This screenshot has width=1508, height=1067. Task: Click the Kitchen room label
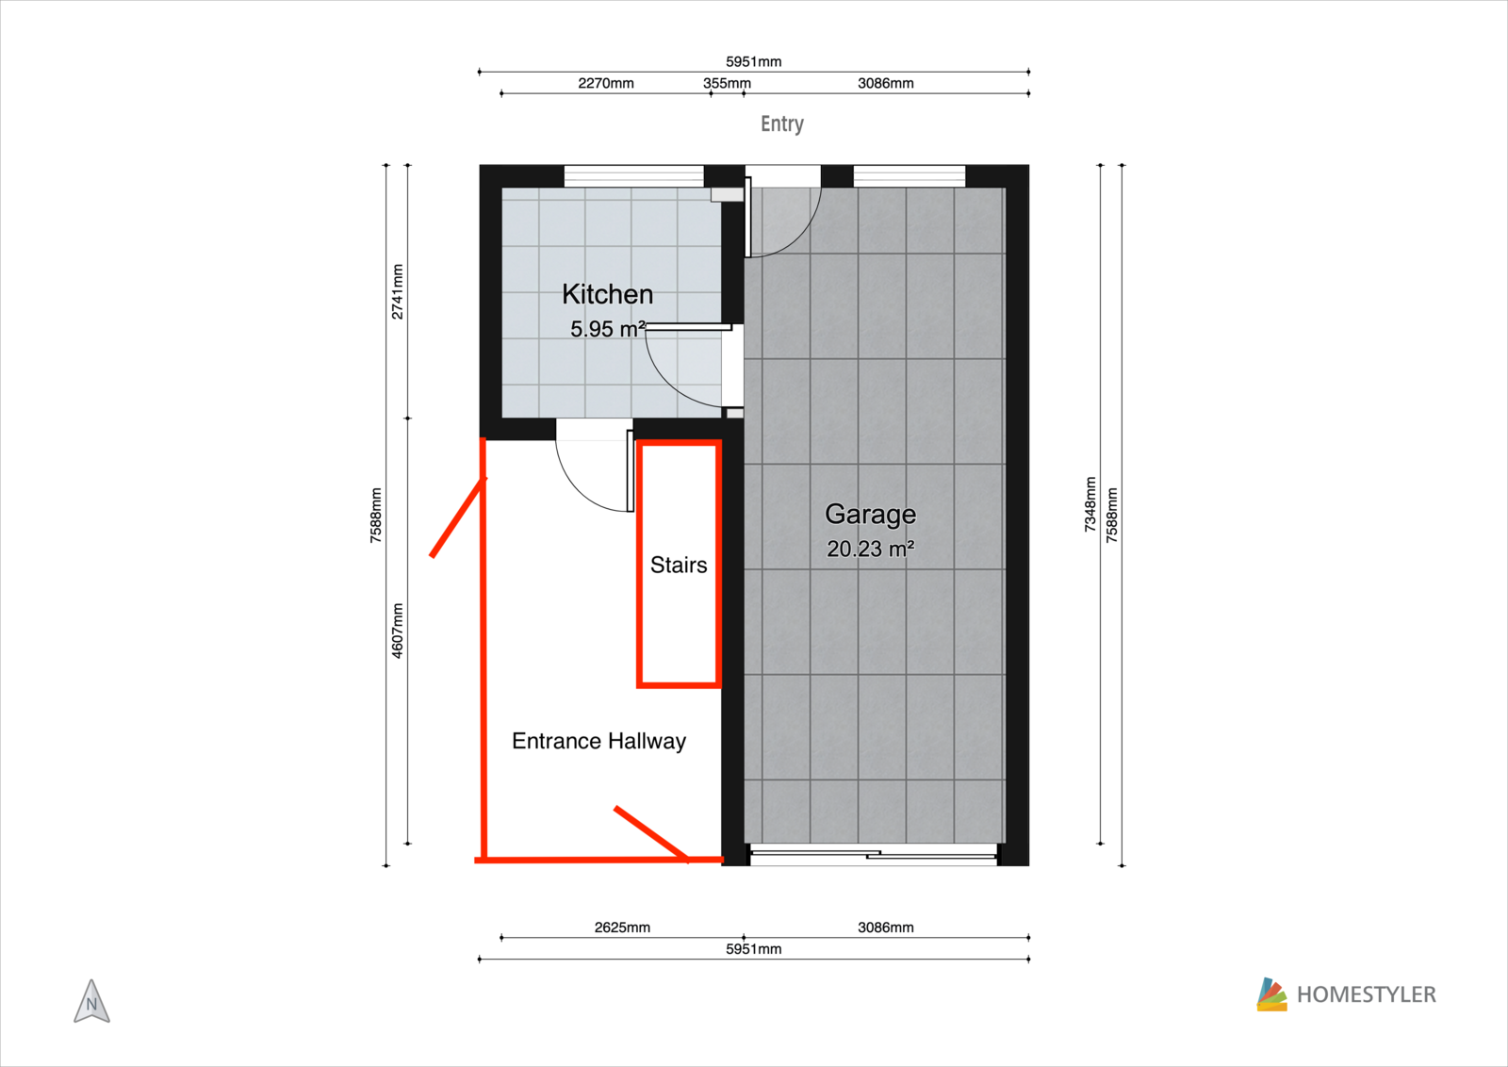pyautogui.click(x=607, y=295)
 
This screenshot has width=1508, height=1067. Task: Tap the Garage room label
pyautogui.click(x=871, y=515)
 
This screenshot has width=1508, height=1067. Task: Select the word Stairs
pyautogui.click(x=679, y=565)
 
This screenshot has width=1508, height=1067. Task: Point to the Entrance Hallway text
pyautogui.click(x=598, y=741)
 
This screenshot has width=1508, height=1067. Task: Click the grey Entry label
pyautogui.click(x=781, y=123)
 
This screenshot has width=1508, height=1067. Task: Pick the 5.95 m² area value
pyautogui.click(x=608, y=329)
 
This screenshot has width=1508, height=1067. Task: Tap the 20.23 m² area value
pyautogui.click(x=871, y=549)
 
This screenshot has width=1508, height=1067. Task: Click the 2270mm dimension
pyautogui.click(x=606, y=84)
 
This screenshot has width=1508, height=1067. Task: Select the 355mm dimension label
pyautogui.click(x=727, y=84)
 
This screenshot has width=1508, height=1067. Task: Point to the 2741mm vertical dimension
pyautogui.click(x=397, y=291)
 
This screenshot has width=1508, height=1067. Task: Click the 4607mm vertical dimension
pyautogui.click(x=397, y=631)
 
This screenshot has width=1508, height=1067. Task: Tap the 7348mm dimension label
pyautogui.click(x=1090, y=504)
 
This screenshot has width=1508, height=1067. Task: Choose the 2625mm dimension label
pyautogui.click(x=622, y=927)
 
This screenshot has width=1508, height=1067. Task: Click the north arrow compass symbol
pyautogui.click(x=91, y=1002)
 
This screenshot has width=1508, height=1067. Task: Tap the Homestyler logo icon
pyautogui.click(x=1271, y=994)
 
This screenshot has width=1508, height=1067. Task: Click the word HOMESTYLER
pyautogui.click(x=1367, y=995)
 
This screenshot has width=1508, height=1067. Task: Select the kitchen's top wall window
pyautogui.click(x=633, y=176)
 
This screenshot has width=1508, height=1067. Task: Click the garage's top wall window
pyautogui.click(x=910, y=176)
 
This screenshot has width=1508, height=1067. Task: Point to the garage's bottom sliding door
pyautogui.click(x=874, y=854)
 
